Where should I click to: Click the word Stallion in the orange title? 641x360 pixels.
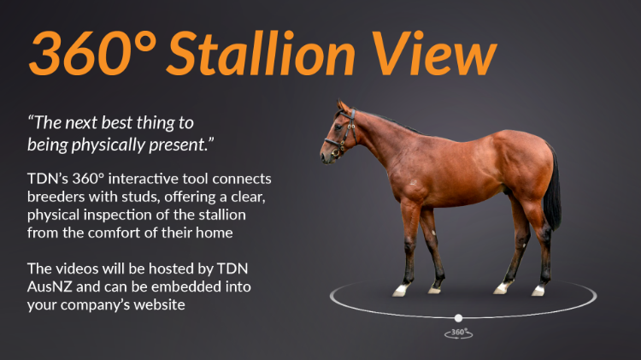coord(261,53)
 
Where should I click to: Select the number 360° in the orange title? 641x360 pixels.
coord(93,53)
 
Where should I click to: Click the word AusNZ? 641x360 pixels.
coord(50,286)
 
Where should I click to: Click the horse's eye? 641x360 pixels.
coord(338,127)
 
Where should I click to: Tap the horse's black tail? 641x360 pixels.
coord(552,188)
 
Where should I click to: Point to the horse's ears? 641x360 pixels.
coord(343,106)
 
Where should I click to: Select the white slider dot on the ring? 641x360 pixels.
coord(458,318)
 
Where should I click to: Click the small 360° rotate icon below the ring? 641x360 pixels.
coord(458,333)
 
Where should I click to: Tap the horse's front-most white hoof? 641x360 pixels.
coord(399,291)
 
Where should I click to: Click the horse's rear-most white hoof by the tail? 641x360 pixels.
coord(538,291)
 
